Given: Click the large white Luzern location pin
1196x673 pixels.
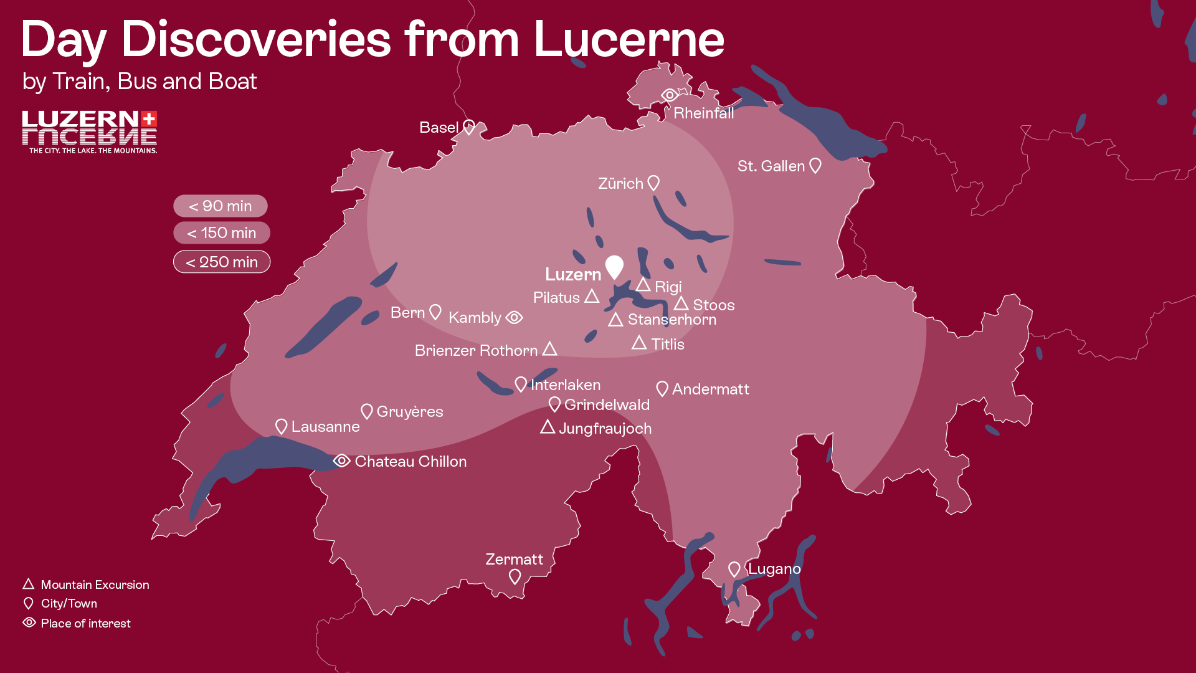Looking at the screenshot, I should (614, 266).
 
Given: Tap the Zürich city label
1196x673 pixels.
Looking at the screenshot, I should (620, 184).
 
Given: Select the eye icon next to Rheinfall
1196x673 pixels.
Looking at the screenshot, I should (670, 95).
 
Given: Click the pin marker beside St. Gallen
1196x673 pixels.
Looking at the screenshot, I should (815, 165).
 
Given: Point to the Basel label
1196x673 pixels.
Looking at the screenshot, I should (439, 128).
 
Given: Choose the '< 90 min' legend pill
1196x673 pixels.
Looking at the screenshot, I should (221, 206).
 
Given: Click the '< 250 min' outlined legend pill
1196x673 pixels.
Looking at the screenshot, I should (222, 262).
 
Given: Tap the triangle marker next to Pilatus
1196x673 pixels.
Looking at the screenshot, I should (592, 297).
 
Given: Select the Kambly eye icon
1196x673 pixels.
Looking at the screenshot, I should (514, 318).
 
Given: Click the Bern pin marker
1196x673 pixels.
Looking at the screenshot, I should (435, 312).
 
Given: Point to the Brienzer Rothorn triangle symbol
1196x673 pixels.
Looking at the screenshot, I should (549, 349).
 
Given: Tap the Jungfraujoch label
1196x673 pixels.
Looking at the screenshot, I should (605, 429).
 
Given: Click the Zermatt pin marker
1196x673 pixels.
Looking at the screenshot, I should (515, 576).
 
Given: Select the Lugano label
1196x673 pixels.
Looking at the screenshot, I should (774, 569).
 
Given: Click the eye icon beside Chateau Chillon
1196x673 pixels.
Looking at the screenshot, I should (341, 461).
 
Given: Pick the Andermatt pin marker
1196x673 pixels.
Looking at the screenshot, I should (662, 389).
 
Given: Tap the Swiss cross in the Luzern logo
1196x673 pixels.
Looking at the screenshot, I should (149, 119).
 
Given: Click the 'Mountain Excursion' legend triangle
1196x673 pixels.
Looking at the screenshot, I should (29, 584).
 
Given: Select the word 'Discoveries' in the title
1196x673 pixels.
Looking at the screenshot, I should (255, 39).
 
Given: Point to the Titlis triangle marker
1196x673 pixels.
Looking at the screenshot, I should (639, 343).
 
